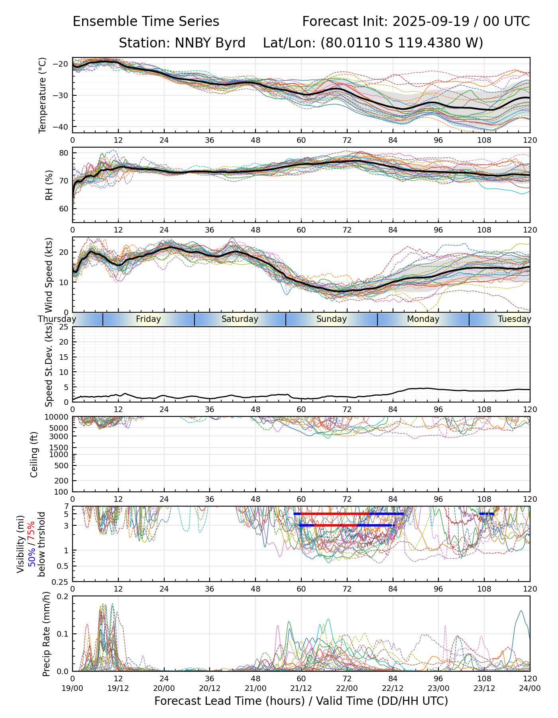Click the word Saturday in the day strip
click(x=240, y=319)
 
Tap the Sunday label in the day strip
click(x=332, y=319)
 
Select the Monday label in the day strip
click(x=423, y=319)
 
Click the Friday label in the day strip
click(x=148, y=319)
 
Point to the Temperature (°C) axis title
click(x=43, y=95)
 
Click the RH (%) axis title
click(x=49, y=185)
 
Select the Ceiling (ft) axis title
click(x=34, y=454)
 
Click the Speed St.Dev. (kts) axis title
click(x=49, y=364)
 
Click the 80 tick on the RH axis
click(x=64, y=153)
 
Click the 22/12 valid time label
click(x=393, y=688)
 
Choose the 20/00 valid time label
click(x=164, y=688)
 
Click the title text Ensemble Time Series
click(x=146, y=22)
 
